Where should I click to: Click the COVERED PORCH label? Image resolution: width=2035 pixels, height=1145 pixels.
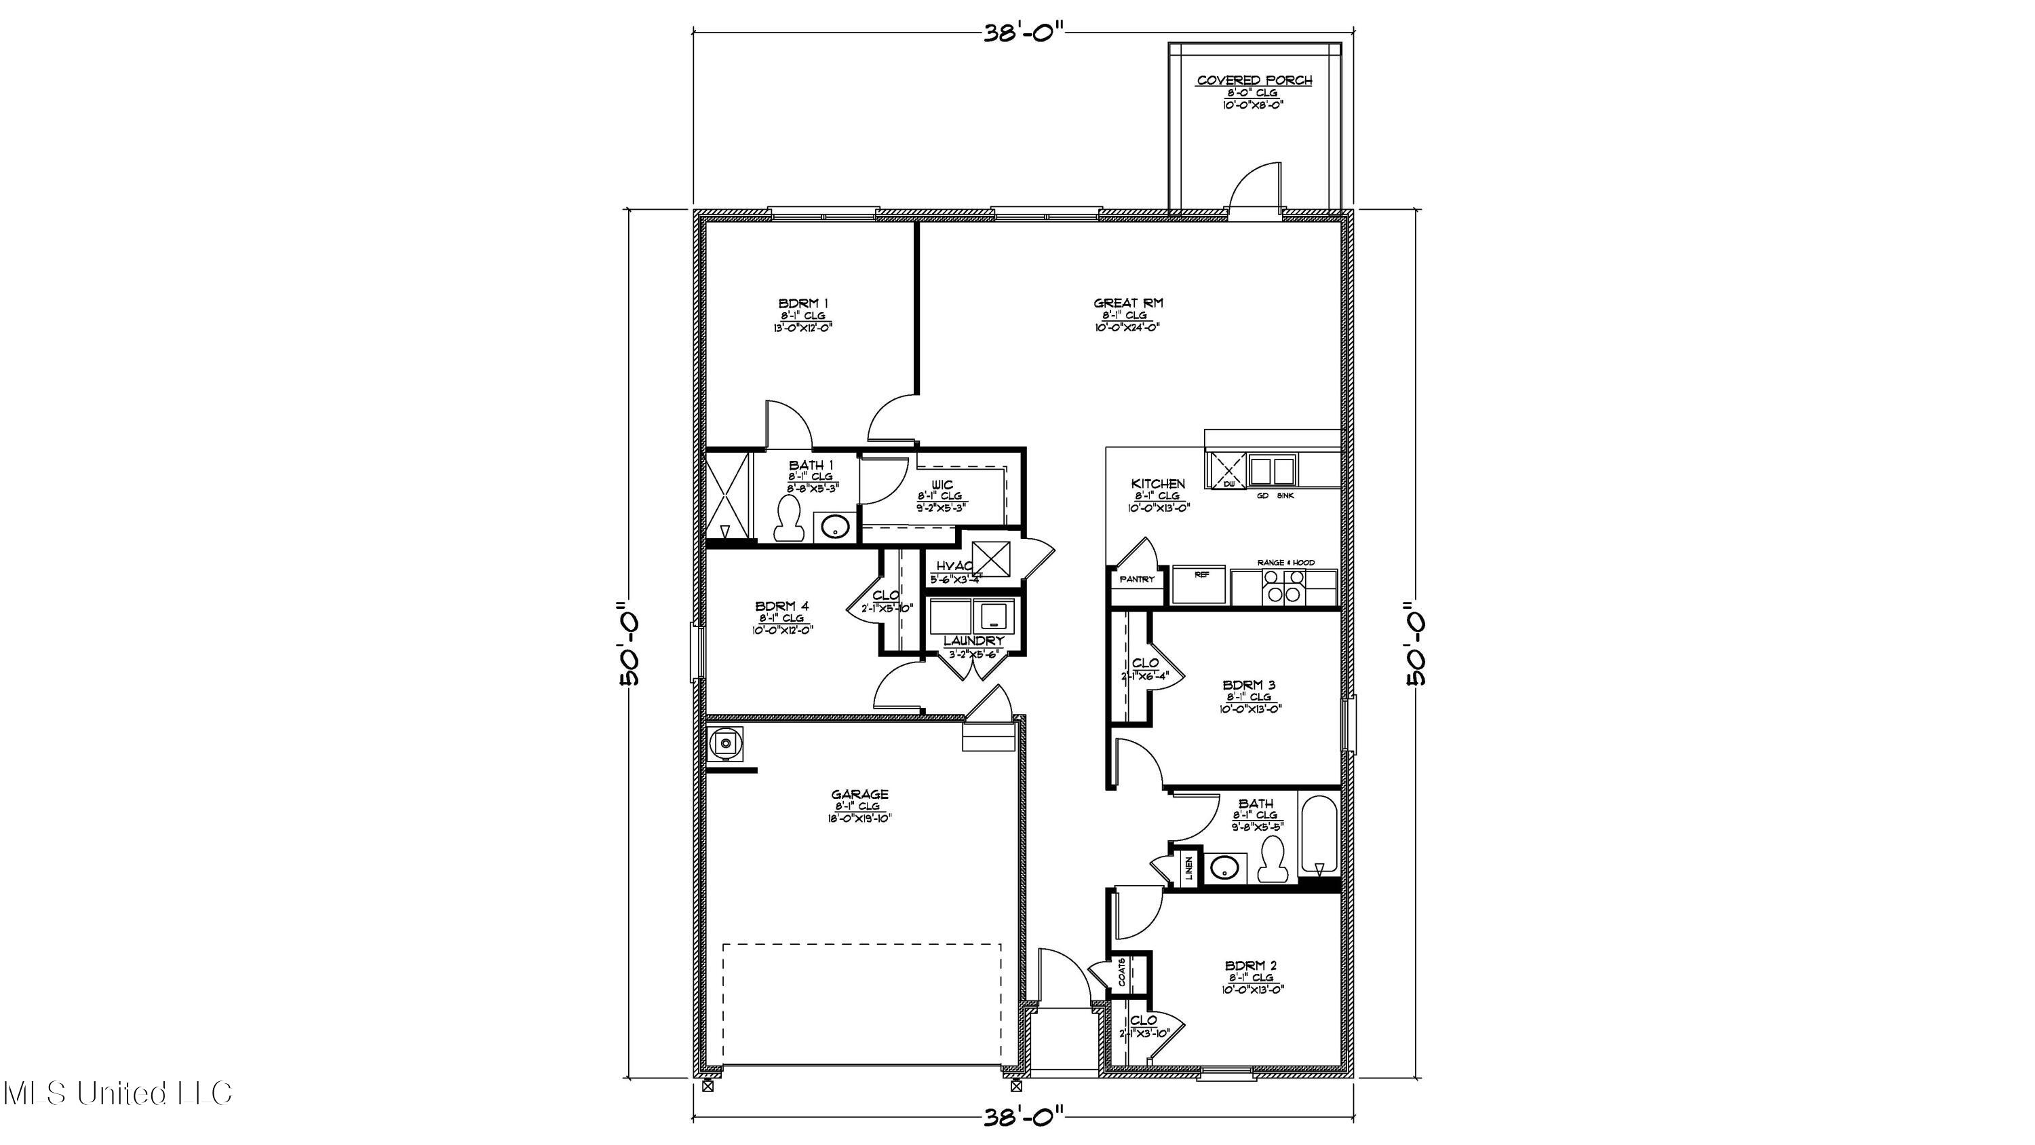click(1254, 81)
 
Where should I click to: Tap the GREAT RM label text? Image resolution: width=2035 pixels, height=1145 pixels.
click(1127, 303)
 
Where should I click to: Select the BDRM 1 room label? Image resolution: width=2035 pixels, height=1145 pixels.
click(803, 303)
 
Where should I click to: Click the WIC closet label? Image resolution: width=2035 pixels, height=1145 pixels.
click(942, 485)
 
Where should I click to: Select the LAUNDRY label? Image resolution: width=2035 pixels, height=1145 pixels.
click(973, 641)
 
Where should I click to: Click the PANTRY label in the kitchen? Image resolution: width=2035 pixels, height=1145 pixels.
click(1137, 579)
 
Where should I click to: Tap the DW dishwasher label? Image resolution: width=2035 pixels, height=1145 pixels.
click(1228, 483)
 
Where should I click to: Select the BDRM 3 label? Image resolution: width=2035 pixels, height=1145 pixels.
click(1248, 685)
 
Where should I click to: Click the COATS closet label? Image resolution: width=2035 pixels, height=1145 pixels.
click(1122, 973)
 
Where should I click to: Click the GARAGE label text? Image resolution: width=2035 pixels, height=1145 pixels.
click(859, 794)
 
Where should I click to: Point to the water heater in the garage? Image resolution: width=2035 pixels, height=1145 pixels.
click(724, 742)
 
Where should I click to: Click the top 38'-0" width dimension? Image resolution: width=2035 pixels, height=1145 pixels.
click(1024, 33)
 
